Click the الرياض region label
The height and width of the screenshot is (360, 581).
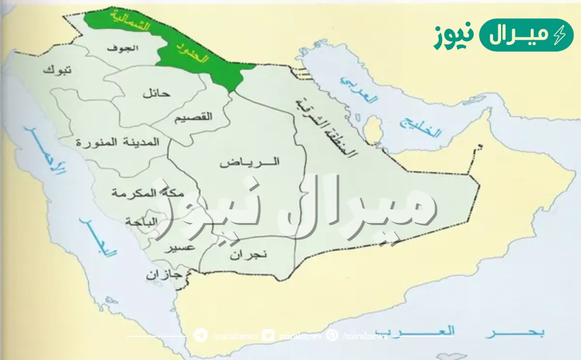pos(250,162)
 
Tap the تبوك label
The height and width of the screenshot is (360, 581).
pos(57,70)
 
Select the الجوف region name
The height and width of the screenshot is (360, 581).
pos(127,48)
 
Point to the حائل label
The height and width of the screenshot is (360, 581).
pos(156,93)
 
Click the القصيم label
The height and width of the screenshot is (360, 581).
pos(193,117)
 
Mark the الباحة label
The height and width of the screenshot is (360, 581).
pos(141,222)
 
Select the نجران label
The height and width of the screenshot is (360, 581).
pos(248,254)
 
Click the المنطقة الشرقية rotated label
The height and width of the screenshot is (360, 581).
pos(325,127)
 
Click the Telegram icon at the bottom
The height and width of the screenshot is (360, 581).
pos(200,336)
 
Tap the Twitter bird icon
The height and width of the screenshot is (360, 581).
pos(268,336)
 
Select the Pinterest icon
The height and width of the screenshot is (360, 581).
pos(332,336)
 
